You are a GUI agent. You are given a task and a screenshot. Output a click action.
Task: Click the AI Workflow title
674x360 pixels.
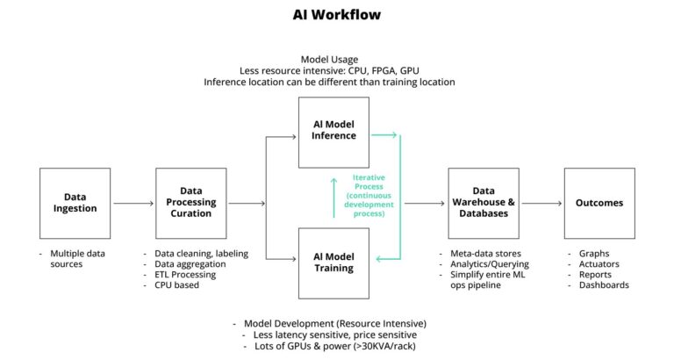(x=337, y=15)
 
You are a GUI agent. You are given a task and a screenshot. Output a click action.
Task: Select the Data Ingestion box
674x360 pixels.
(x=75, y=203)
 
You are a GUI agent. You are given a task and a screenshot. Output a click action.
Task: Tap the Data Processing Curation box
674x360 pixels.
(x=190, y=203)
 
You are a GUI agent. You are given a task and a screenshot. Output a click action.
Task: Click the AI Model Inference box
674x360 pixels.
(x=333, y=132)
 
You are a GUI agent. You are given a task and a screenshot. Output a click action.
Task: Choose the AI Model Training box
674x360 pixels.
(x=333, y=263)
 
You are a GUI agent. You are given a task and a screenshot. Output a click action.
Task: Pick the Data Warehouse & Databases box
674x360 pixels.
(x=483, y=203)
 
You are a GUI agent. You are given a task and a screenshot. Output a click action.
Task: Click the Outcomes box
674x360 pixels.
(x=599, y=203)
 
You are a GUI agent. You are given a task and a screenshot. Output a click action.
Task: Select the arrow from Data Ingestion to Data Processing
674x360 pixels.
(x=133, y=204)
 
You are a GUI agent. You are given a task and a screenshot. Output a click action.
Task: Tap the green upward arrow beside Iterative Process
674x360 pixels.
(x=333, y=197)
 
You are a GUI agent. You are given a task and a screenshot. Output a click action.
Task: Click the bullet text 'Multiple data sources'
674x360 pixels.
(x=79, y=258)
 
